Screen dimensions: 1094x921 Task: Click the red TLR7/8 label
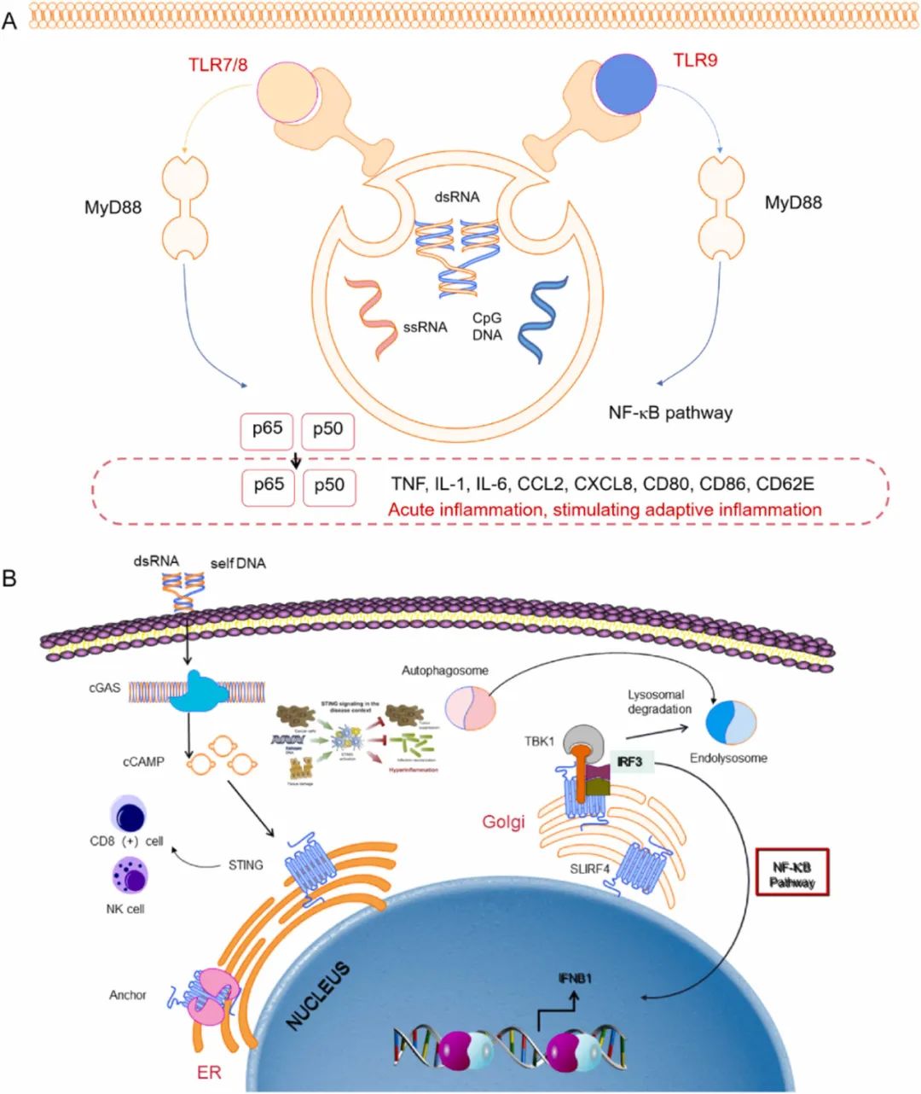(x=218, y=64)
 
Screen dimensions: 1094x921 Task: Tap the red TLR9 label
(x=694, y=61)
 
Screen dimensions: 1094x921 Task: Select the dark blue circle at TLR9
(x=626, y=89)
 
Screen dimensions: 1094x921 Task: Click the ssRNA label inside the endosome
(x=425, y=327)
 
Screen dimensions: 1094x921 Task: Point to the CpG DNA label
(x=487, y=326)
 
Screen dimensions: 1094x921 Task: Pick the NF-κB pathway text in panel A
(x=670, y=413)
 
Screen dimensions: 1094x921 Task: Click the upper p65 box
(x=268, y=429)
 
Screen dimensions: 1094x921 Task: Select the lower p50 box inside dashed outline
(x=329, y=486)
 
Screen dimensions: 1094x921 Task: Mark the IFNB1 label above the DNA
(x=575, y=978)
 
